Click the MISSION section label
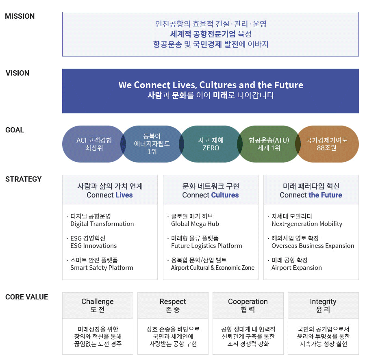click(20, 16)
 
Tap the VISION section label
click(17, 73)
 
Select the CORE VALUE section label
click(26, 297)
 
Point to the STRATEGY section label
click(24, 179)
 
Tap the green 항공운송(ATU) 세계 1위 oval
click(269, 144)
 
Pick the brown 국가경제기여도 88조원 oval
click(327, 144)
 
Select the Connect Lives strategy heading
click(110, 191)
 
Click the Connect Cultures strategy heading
click(211, 191)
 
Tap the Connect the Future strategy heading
click(311, 191)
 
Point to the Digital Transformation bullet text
click(102, 224)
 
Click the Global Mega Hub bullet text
click(195, 224)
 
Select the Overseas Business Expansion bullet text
click(313, 246)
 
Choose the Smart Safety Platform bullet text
click(102, 268)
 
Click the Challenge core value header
click(98, 305)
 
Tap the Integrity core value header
click(323, 305)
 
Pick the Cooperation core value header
click(248, 305)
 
